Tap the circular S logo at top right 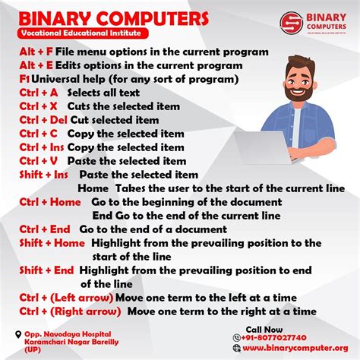pos(291,23)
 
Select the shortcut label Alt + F pos(36,52)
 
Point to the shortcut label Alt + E pos(36,65)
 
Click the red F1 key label pos(24,79)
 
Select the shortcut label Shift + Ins pos(44,175)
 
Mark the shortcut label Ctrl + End pos(44,229)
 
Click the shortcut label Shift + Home pos(52,243)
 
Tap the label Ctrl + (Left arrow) pos(65,298)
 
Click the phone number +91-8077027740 pos(274,337)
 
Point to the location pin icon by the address pos(17,334)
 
